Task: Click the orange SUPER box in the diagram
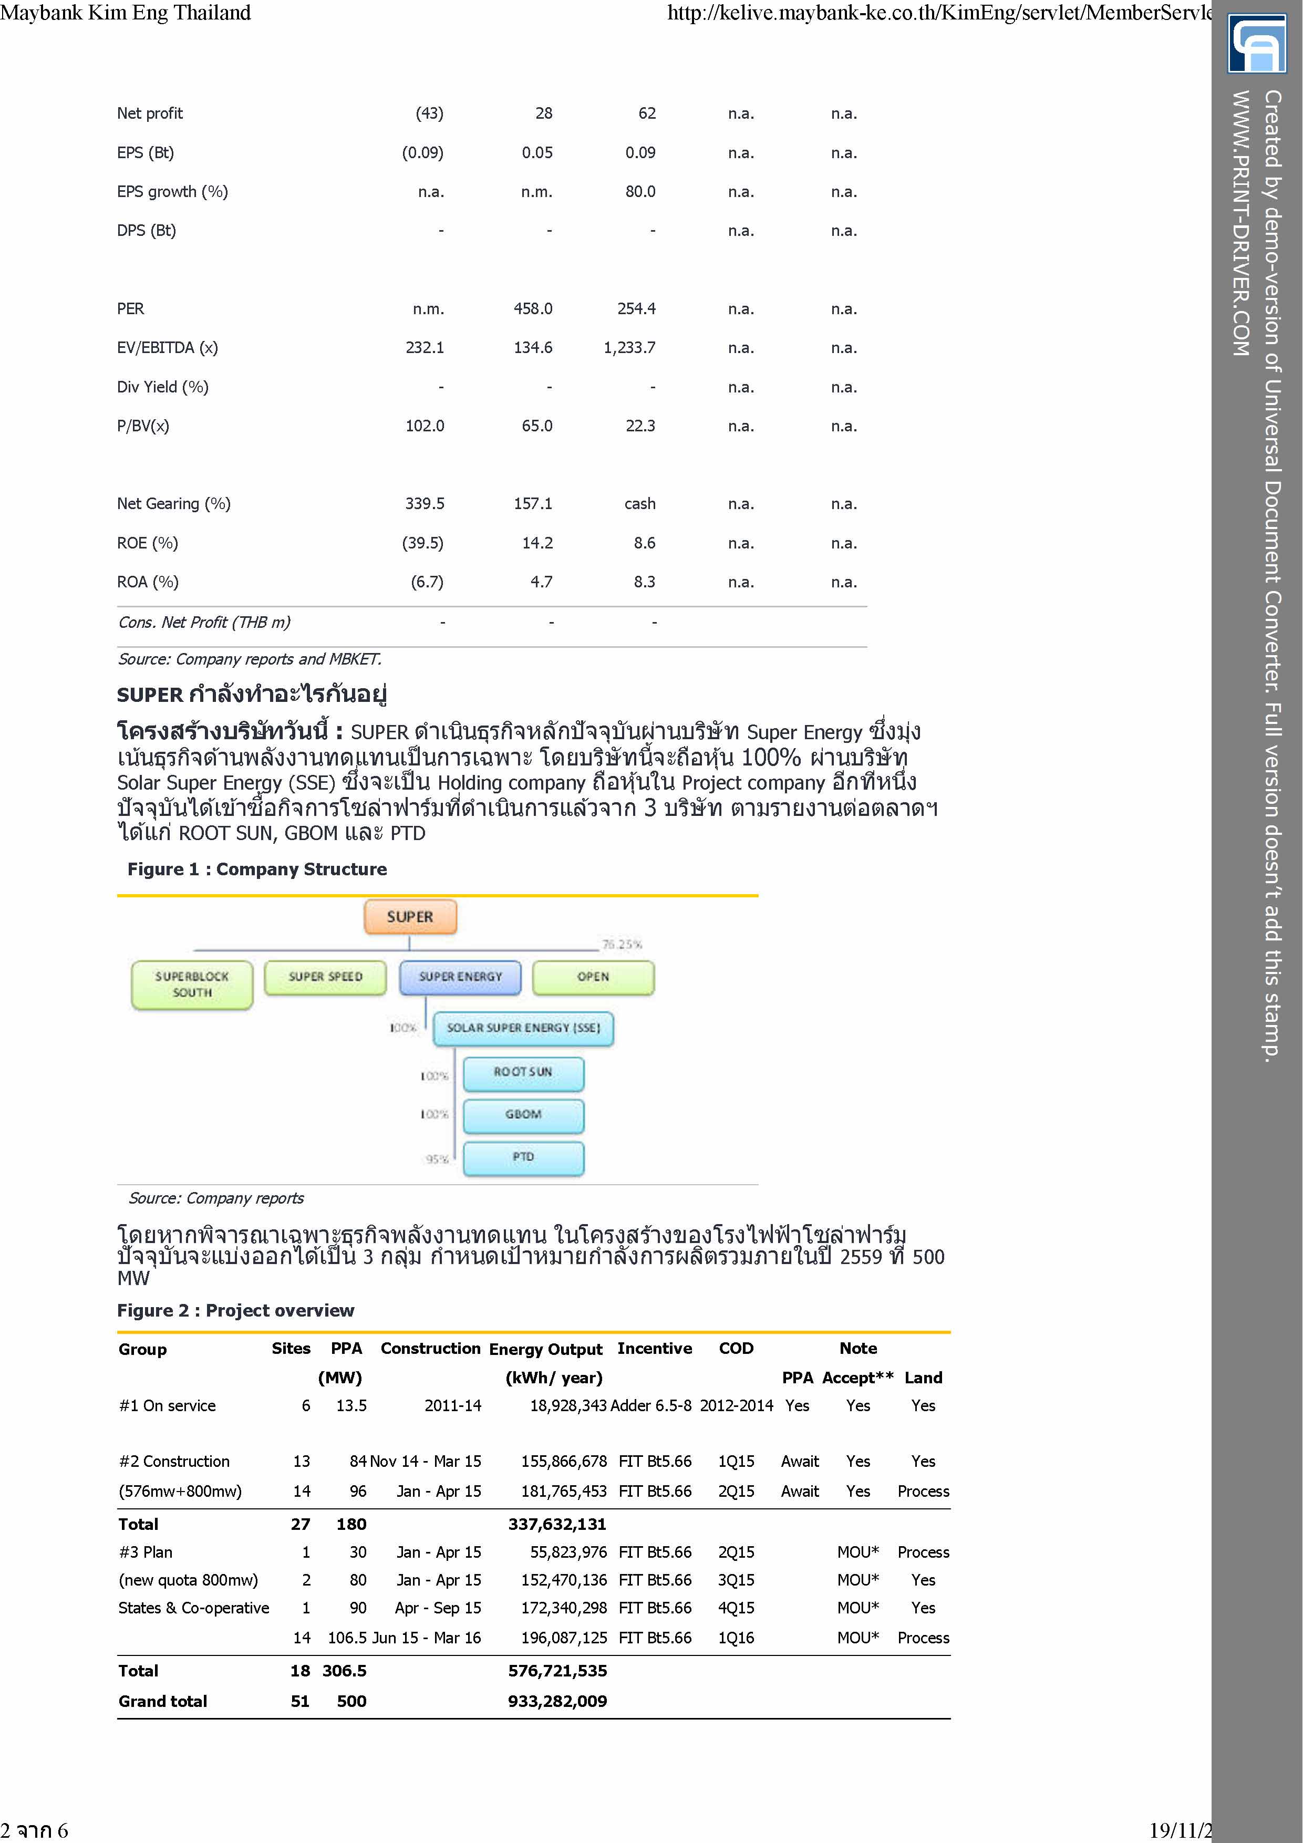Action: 409,917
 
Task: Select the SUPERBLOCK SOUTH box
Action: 192,984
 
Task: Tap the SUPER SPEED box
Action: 325,977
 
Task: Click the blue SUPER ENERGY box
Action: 460,977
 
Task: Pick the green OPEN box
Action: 593,977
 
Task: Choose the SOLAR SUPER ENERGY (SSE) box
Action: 523,1028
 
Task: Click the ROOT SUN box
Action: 523,1072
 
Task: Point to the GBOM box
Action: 523,1115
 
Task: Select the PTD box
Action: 523,1157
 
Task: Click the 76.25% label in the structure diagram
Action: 622,945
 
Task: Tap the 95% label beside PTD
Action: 437,1159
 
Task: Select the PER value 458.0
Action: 533,309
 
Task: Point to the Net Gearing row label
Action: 173,504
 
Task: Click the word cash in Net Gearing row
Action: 640,504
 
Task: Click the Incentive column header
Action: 654,1349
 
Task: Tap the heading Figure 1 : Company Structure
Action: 257,869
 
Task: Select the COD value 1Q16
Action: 736,1638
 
